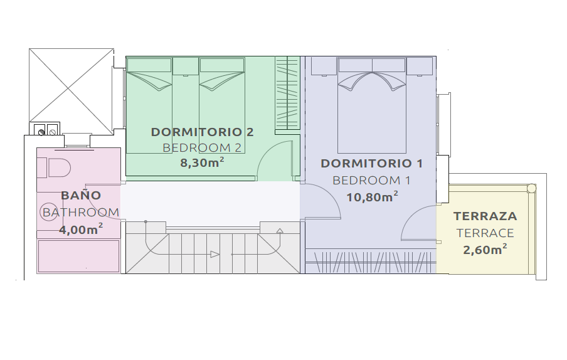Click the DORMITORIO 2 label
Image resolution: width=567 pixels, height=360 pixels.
(202, 132)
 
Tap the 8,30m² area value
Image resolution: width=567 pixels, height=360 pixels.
(202, 162)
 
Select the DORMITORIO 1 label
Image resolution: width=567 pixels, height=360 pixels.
(372, 163)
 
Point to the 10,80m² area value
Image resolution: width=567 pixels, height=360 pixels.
(373, 197)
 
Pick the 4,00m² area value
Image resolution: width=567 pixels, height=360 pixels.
(81, 229)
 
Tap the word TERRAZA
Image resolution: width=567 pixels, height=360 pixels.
(485, 216)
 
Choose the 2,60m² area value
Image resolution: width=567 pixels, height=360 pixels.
(485, 250)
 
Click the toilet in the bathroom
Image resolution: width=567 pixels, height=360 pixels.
(58, 167)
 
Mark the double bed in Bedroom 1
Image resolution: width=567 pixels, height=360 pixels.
(372, 105)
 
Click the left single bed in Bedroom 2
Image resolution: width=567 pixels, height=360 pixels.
(149, 105)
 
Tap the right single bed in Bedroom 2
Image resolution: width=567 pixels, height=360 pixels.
(222, 105)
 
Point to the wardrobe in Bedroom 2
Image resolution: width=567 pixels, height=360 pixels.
(287, 93)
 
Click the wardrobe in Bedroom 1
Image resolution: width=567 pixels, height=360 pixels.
(371, 261)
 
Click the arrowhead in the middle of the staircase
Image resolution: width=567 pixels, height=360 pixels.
(215, 255)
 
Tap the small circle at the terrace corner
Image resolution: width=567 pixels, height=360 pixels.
(532, 188)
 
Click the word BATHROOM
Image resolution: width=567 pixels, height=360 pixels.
(81, 212)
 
